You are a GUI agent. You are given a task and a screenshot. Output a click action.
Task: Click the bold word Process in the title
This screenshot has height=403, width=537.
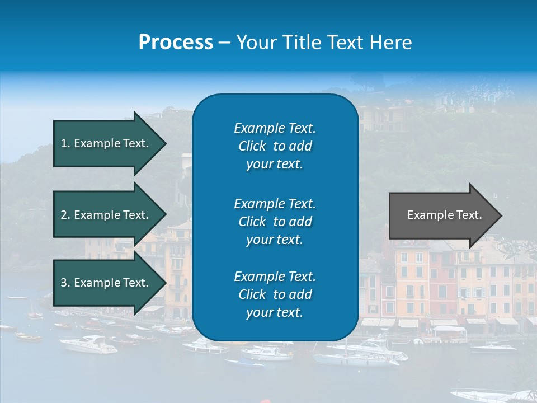(x=176, y=43)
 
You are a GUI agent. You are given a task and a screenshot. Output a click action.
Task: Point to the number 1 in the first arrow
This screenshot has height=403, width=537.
(x=64, y=143)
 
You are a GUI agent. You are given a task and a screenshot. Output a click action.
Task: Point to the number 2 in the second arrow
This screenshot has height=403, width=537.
(x=64, y=215)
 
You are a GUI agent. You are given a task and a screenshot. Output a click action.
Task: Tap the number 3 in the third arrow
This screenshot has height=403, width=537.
(x=64, y=283)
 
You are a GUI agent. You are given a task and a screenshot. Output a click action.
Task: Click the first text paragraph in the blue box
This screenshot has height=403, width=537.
(x=275, y=146)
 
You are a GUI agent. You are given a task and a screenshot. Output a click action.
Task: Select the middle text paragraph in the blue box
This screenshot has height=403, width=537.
(x=275, y=221)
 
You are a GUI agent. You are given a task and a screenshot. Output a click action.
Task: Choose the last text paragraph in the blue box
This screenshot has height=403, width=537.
(x=275, y=294)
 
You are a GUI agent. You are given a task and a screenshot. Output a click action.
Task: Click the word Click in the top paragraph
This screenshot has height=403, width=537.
(x=252, y=146)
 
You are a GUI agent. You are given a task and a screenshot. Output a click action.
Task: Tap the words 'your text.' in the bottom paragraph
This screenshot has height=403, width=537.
(x=275, y=313)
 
